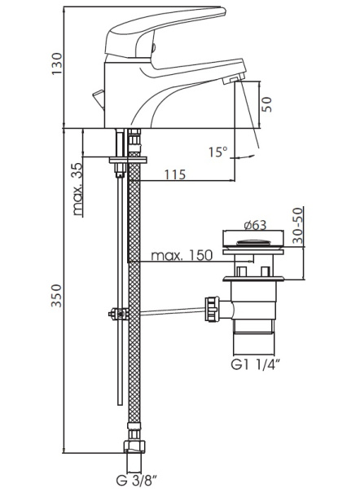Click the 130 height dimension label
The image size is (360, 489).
pyautogui.click(x=57, y=64)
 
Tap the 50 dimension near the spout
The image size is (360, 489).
pyautogui.click(x=267, y=105)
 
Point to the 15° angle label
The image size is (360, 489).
pyautogui.click(x=218, y=152)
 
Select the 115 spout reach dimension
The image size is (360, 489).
pyautogui.click(x=175, y=174)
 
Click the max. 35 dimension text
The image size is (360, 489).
pyautogui.click(x=78, y=189)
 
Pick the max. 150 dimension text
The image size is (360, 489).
pyautogui.click(x=182, y=255)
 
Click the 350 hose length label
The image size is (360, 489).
pyautogui.click(x=57, y=296)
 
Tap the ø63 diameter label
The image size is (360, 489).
pyautogui.click(x=255, y=225)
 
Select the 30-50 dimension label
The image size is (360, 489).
pyautogui.click(x=298, y=226)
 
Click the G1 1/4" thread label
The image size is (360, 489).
pyautogui.click(x=254, y=364)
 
